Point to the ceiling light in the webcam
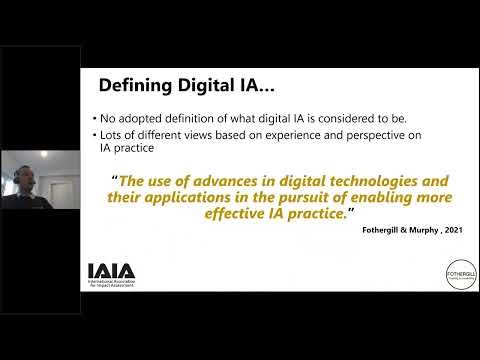[x=43, y=154]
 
